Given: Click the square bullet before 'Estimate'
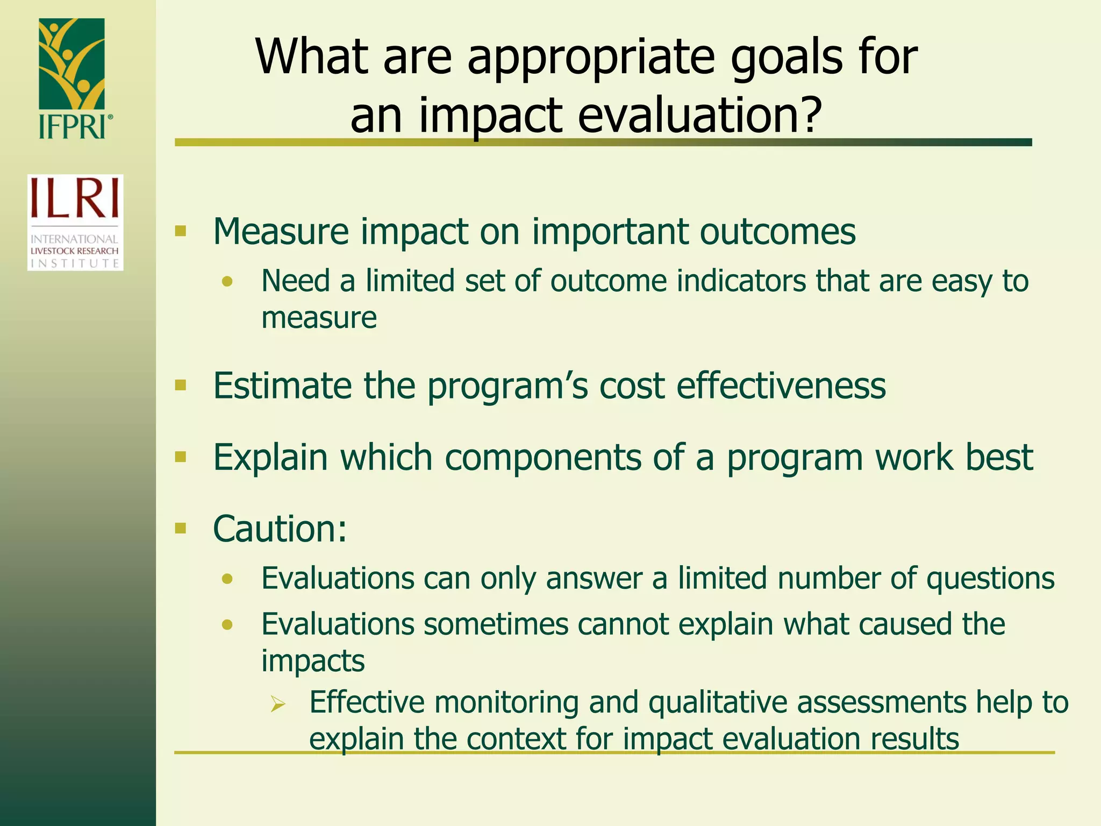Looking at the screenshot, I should (181, 385).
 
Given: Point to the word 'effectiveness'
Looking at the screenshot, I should (781, 386).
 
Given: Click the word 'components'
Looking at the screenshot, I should (542, 458).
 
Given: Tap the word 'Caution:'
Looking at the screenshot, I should (280, 529).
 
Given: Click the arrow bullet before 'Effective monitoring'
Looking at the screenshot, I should (278, 703).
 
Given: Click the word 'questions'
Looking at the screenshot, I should (990, 579).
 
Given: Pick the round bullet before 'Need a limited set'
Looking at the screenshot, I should (227, 281).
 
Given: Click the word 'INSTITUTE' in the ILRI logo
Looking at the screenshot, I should (75, 263).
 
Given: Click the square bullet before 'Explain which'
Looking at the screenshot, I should (181, 457).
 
